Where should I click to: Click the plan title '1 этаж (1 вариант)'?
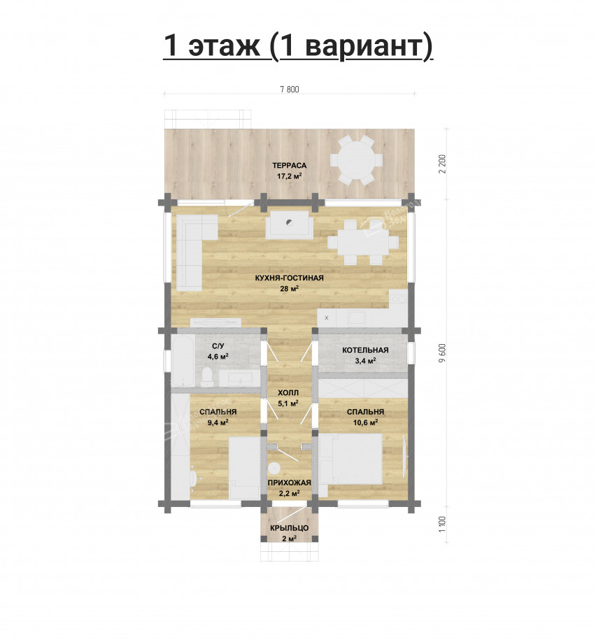pos(298,45)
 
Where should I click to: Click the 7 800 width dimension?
pos(290,90)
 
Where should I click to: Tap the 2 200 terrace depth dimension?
pos(441,164)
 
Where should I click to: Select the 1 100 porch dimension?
pos(441,524)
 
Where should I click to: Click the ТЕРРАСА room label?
pos(289,166)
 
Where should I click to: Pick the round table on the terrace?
pos(356,161)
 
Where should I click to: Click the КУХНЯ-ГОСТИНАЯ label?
pos(289,278)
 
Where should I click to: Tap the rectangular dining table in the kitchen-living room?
pos(363,243)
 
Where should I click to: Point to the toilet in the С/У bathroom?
pos(207,376)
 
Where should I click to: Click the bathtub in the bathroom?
pos(183,360)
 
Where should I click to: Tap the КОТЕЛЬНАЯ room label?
pos(365,350)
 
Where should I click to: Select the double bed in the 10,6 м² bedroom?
pos(350,459)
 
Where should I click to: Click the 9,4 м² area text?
pos(218,422)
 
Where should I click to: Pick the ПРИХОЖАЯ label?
pos(289,483)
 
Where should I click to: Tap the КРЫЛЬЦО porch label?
pos(289,528)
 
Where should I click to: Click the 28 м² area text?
pos(289,288)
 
